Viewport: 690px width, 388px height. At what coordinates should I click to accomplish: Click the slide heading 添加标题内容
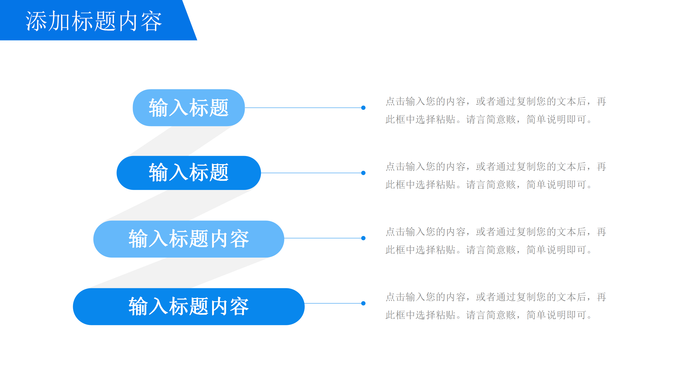coord(94,21)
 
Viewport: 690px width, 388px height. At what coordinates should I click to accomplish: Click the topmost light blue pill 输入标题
coord(189,108)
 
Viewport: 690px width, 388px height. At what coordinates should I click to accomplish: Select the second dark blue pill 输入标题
coord(189,173)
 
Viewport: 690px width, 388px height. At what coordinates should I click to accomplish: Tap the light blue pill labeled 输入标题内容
coord(189,239)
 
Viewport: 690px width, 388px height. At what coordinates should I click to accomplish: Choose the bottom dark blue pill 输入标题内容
coord(189,306)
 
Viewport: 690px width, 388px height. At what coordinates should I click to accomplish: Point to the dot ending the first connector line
coord(363,108)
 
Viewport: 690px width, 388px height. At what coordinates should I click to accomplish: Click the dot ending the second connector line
coord(363,173)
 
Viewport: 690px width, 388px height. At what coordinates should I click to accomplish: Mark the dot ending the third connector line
coord(363,238)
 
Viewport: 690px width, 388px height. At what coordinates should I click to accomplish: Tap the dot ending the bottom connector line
coord(363,303)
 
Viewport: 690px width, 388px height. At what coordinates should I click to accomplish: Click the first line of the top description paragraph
coord(496,102)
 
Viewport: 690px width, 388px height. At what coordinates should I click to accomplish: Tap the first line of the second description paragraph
coord(496,167)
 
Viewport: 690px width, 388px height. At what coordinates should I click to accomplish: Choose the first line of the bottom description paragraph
coord(496,297)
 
